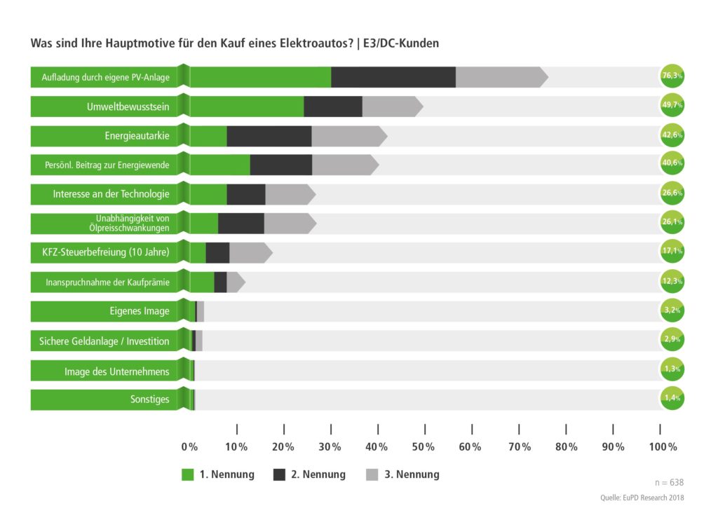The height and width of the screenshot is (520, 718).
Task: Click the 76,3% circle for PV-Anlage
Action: click(672, 76)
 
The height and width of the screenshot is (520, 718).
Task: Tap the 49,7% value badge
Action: click(672, 105)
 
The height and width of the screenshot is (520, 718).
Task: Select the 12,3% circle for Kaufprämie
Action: click(672, 281)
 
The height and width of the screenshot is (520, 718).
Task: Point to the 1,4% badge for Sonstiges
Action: click(672, 398)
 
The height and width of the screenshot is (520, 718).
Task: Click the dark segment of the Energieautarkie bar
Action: click(269, 136)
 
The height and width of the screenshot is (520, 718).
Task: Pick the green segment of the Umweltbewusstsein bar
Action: click(246, 107)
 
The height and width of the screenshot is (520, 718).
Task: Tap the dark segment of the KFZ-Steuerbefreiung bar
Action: click(217, 252)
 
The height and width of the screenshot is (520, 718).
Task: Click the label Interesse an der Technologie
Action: click(111, 194)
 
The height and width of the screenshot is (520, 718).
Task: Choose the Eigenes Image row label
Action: click(140, 311)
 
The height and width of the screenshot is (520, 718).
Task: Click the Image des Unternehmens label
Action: click(116, 371)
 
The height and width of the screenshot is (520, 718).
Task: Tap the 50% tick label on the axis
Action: click(424, 447)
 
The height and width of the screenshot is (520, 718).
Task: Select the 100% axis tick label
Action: click(663, 447)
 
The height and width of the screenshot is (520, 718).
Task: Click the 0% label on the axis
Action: click(189, 447)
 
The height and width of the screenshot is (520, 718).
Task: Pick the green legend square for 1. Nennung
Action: click(187, 474)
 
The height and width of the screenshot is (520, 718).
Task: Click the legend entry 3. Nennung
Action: click(412, 474)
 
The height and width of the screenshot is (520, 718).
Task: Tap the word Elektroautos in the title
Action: click(313, 43)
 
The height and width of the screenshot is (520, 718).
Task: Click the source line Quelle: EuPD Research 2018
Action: click(642, 498)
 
